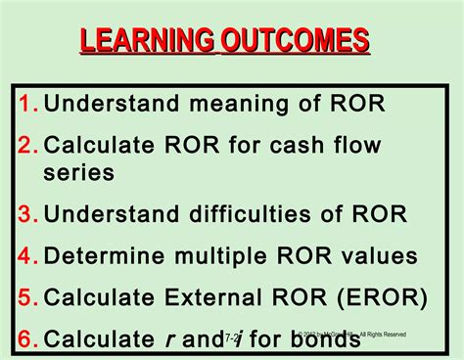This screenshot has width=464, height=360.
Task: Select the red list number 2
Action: [x=26, y=146]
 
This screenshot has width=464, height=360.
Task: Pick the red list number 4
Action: [x=26, y=257]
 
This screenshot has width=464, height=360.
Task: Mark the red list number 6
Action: [x=26, y=339]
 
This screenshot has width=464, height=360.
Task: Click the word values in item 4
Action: [x=376, y=257]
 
